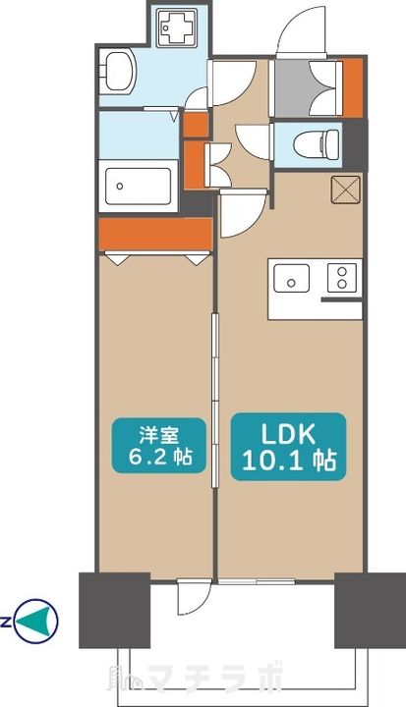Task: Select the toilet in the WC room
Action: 316,143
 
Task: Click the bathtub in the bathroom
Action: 139,184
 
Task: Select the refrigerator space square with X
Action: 346,190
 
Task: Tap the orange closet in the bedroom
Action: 155,234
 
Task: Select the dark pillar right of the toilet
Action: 359,143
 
